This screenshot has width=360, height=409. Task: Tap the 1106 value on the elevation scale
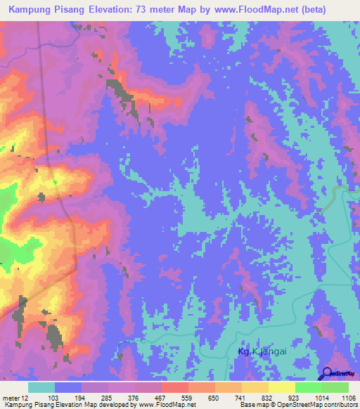(349, 397)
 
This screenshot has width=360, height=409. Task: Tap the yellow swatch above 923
(282, 387)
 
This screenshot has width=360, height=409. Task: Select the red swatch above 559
(175, 387)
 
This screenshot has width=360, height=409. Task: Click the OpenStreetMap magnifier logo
(328, 375)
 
